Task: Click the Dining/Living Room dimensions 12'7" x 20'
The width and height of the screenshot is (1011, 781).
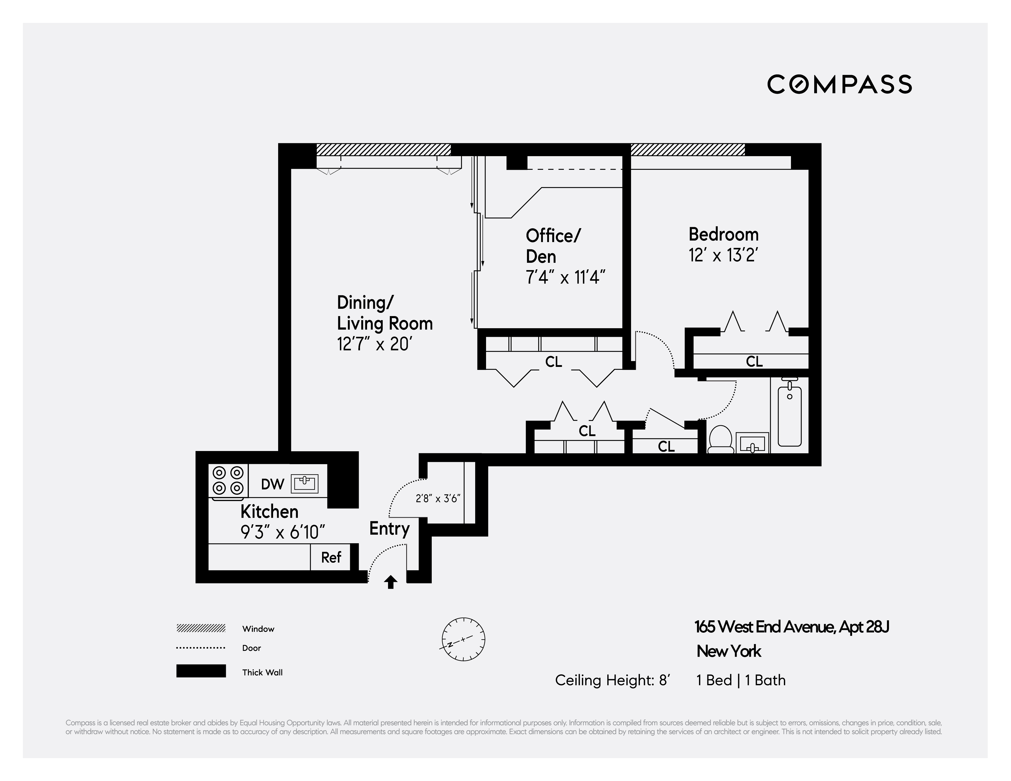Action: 374,344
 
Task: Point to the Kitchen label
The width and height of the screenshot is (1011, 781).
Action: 269,512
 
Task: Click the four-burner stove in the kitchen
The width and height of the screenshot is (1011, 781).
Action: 228,480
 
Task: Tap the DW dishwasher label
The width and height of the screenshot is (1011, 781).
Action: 272,484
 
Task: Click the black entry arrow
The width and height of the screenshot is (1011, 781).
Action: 391,582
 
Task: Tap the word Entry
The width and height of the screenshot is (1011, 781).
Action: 389,528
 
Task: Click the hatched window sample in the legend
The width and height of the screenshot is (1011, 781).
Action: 201,628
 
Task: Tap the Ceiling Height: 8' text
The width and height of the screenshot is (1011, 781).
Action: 612,680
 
